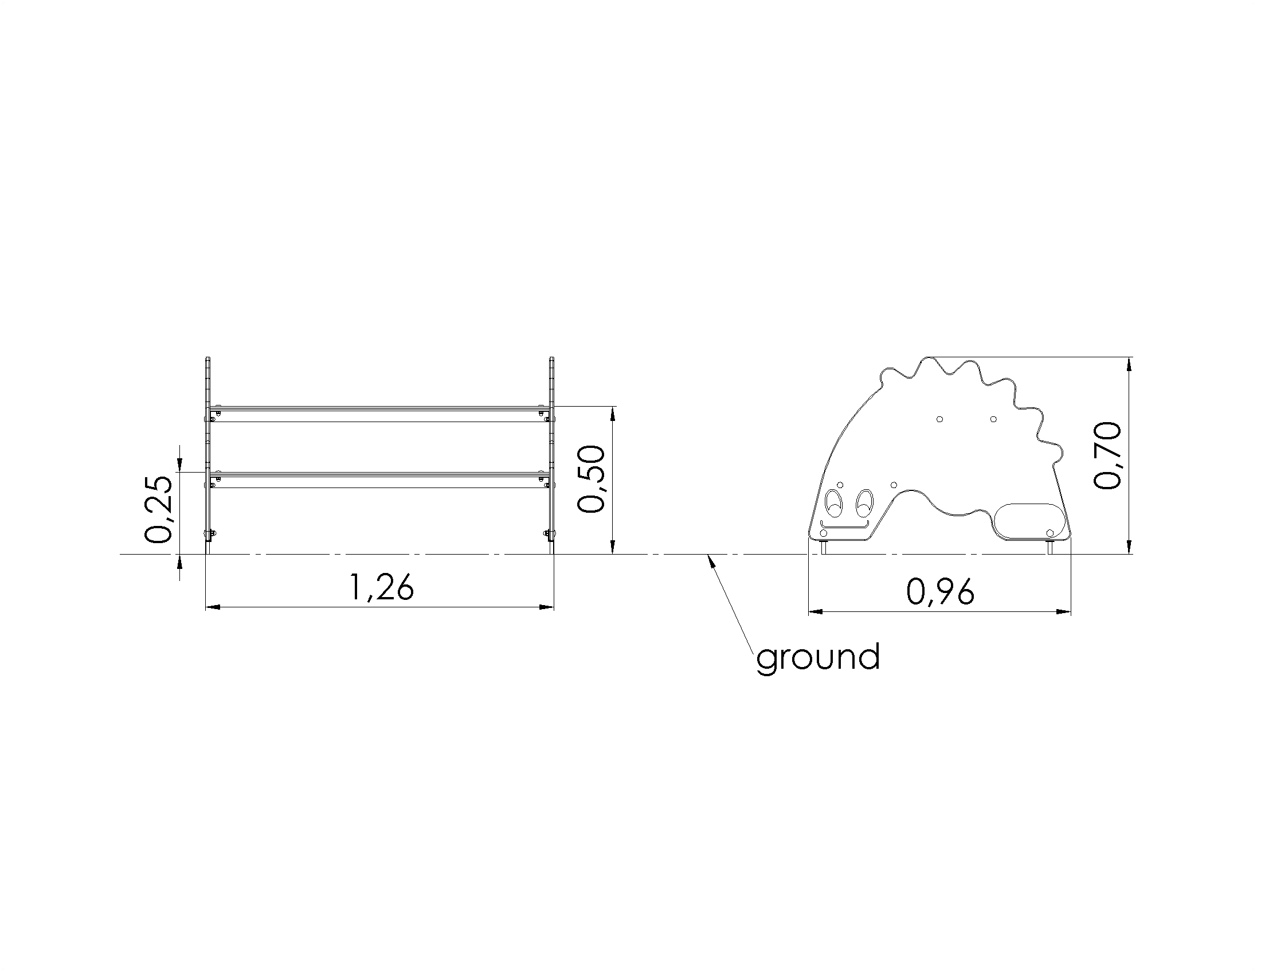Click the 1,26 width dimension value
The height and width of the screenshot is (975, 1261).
point(382,588)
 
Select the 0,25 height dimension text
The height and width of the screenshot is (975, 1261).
point(158,509)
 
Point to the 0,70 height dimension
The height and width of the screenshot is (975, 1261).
point(1107,456)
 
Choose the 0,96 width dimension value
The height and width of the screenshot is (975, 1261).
point(941,591)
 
